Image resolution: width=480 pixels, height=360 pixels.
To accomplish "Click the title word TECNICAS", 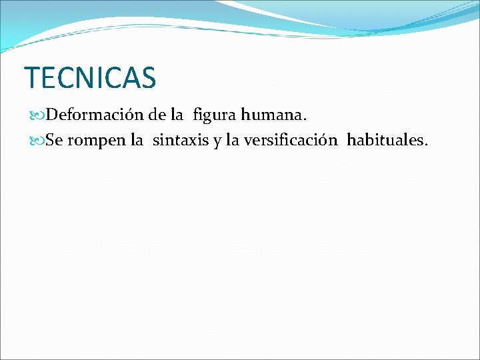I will [90, 77].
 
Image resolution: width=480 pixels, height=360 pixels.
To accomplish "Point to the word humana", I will [272, 115].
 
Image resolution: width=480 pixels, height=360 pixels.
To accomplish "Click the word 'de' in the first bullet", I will [157, 115].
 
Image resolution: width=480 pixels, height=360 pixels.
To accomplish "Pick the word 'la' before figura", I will [177, 115].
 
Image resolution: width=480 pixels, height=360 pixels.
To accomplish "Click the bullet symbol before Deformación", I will [39, 115].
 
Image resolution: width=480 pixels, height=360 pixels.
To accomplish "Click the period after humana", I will [305, 119].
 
